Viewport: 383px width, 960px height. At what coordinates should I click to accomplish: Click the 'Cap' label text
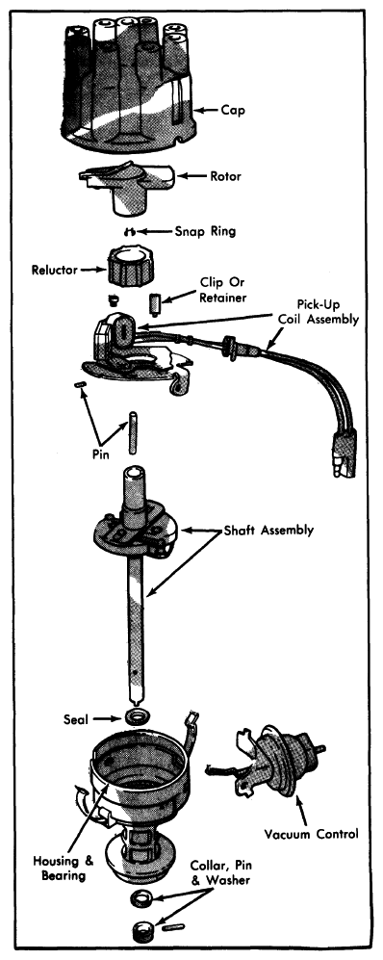point(232,111)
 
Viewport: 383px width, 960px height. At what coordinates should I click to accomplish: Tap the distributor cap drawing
point(127,85)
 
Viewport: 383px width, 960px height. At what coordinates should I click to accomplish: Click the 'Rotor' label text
point(226,176)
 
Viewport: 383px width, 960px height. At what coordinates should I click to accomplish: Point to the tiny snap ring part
point(129,231)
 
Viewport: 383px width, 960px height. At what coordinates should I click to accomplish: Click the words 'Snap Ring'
point(205,232)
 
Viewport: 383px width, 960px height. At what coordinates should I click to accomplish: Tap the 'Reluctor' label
point(55,270)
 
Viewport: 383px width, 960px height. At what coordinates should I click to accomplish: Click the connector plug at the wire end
point(344,454)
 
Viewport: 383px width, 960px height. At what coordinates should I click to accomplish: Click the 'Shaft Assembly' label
point(268,531)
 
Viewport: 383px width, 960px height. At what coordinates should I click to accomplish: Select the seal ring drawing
point(138,716)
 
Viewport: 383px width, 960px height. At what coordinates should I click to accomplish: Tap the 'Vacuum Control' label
point(312,834)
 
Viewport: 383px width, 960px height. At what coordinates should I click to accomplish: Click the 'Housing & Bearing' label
point(64,869)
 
